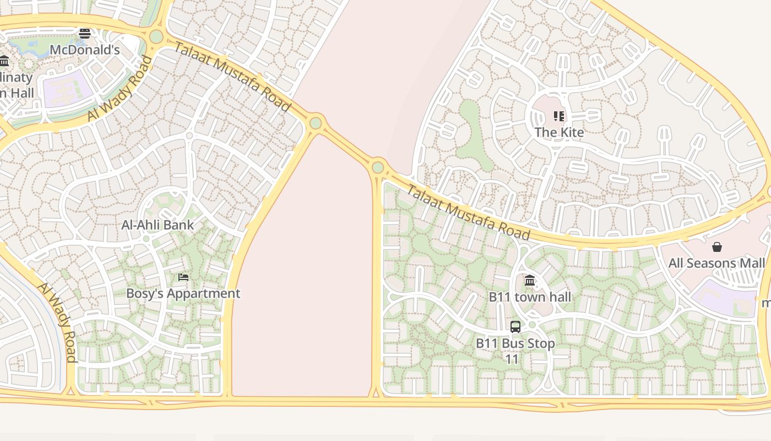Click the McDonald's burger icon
click(84, 34)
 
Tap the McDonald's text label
click(84, 50)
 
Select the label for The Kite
click(559, 132)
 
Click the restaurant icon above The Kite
click(559, 116)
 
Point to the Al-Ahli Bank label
click(158, 225)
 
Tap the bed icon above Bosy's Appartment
click(183, 277)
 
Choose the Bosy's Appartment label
click(183, 293)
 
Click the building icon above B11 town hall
click(530, 281)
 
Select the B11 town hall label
click(530, 297)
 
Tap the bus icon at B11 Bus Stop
click(515, 327)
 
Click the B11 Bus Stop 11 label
click(515, 351)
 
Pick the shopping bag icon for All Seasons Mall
click(717, 247)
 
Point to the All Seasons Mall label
click(716, 263)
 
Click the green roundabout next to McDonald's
click(156, 37)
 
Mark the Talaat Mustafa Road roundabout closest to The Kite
click(378, 167)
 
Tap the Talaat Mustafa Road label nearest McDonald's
click(232, 76)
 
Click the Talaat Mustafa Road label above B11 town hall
click(468, 212)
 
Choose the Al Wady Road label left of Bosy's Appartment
click(57, 322)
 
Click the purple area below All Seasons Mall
click(724, 298)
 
